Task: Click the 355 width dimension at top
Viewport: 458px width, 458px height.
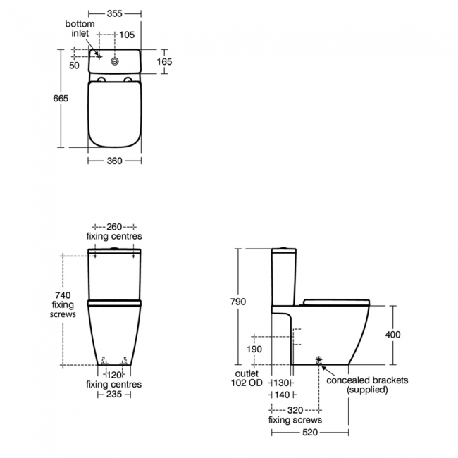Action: tap(116, 13)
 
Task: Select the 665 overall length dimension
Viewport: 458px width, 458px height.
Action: tap(61, 99)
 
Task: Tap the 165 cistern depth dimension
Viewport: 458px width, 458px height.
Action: tap(163, 62)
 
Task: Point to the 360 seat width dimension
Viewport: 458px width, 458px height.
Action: tap(114, 161)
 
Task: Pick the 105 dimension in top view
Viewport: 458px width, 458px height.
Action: tap(126, 35)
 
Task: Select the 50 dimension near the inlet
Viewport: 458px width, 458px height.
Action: tap(75, 65)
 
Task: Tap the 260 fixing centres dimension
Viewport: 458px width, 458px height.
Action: tap(114, 227)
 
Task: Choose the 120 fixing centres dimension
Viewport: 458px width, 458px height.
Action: tap(114, 375)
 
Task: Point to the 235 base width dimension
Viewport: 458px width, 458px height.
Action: tap(114, 395)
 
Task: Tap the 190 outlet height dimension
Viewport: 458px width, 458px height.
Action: tap(254, 349)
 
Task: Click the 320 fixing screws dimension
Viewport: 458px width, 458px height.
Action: tap(295, 409)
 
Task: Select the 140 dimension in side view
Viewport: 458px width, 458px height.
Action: tap(282, 395)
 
